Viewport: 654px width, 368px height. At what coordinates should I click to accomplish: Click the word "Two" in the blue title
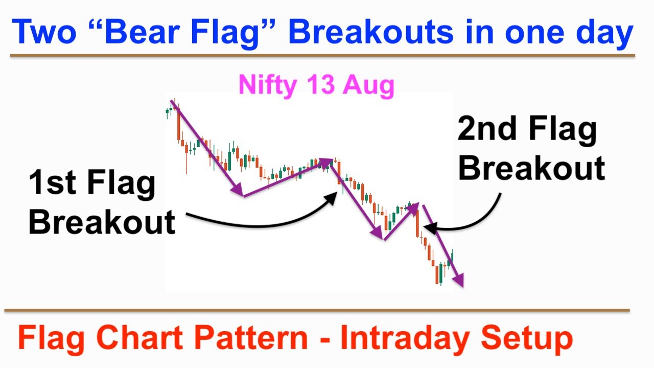pos(44,32)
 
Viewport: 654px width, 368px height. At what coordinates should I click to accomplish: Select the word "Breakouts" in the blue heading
pos(371,32)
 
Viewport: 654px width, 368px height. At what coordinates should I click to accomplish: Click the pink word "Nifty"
pos(268,85)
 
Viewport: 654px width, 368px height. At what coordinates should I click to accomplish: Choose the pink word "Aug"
pos(369,85)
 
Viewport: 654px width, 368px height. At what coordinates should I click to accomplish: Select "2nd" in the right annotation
pos(487,128)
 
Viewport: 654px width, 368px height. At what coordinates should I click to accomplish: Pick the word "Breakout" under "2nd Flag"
pos(532,168)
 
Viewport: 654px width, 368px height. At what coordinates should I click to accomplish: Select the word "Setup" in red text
pos(527,339)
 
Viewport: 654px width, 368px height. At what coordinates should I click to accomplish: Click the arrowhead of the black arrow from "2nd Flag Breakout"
pos(430,228)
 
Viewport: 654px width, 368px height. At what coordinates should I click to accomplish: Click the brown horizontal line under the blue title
pos(322,55)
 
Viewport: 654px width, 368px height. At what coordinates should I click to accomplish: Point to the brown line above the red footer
pos(317,310)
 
